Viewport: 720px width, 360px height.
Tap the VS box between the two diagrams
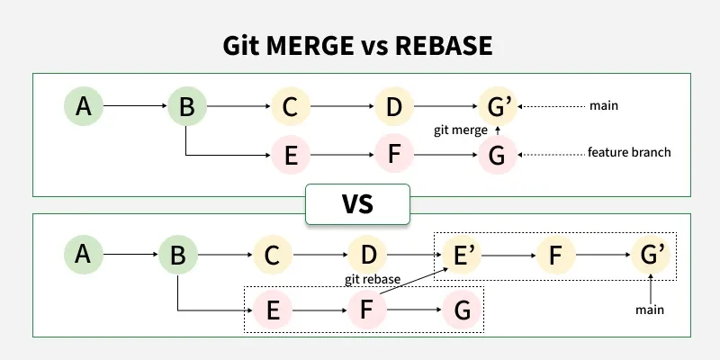click(357, 204)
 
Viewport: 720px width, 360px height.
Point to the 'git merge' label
click(461, 130)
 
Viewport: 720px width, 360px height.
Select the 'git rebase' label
click(373, 279)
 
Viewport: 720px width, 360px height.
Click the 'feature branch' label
click(629, 152)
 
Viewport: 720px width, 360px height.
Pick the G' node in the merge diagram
click(498, 107)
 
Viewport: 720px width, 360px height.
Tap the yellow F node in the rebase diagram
click(555, 256)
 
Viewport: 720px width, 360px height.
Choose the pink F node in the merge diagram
click(393, 156)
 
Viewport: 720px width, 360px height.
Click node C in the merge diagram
click(290, 107)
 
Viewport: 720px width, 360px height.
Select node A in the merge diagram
click(84, 107)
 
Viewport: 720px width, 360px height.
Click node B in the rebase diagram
click(178, 256)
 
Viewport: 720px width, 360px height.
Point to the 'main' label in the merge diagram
click(603, 106)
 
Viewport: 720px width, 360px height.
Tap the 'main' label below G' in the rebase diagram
click(650, 310)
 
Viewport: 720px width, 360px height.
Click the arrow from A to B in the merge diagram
click(135, 107)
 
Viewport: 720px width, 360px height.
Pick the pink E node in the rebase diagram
click(274, 310)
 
